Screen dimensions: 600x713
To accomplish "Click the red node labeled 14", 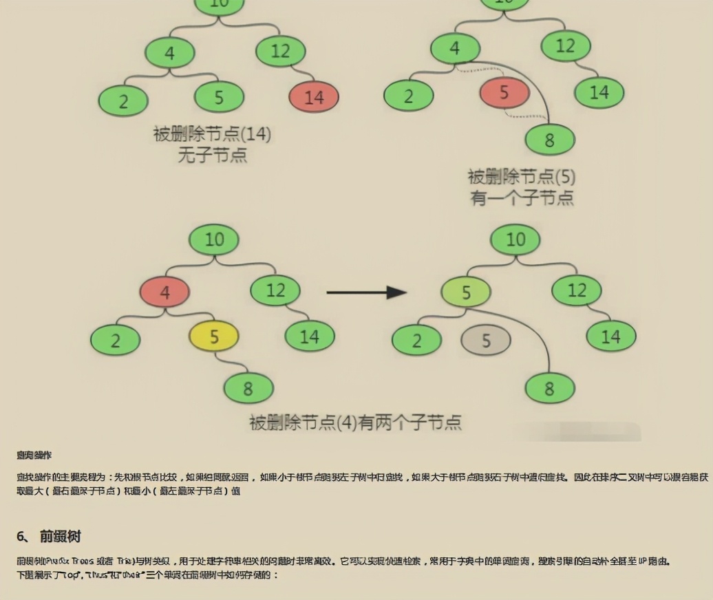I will (x=314, y=97).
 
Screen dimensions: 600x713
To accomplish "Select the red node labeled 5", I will (x=504, y=93).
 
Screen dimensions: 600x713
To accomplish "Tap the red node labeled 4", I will (x=164, y=292).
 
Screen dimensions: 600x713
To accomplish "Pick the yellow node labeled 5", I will (x=214, y=336).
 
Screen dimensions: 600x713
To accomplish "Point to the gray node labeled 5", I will (x=486, y=341).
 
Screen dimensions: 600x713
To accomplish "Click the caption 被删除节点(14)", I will (x=212, y=134).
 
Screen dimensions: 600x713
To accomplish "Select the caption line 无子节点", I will (x=212, y=155).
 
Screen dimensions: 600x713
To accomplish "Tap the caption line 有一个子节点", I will (x=522, y=198).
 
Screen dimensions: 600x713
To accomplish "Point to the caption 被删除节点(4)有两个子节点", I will (x=355, y=422).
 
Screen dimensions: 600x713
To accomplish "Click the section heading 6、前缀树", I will (x=49, y=536).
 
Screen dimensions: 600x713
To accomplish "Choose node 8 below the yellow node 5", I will (x=248, y=389).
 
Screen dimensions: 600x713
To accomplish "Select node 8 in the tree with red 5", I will (x=549, y=140).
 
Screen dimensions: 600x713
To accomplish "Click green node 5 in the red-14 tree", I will (x=219, y=97).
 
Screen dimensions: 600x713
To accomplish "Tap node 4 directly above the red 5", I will (x=455, y=49).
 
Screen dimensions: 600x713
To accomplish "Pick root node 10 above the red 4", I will (x=214, y=239).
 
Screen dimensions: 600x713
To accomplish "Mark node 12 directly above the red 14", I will (x=281, y=51).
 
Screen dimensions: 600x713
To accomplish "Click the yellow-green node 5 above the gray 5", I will (x=466, y=292).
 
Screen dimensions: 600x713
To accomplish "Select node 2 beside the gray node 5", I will (x=416, y=341).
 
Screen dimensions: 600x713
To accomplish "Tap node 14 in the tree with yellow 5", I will (x=310, y=336).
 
